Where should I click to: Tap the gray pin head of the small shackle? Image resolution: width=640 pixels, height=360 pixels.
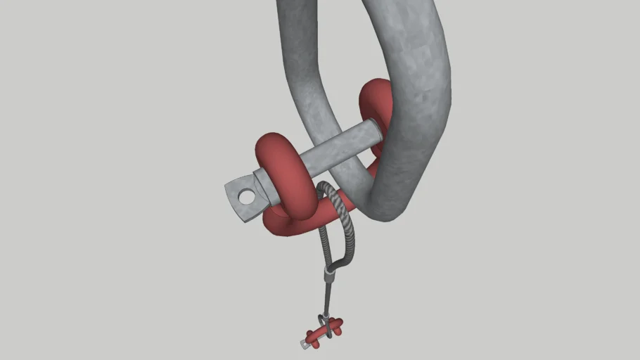click(307, 344)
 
